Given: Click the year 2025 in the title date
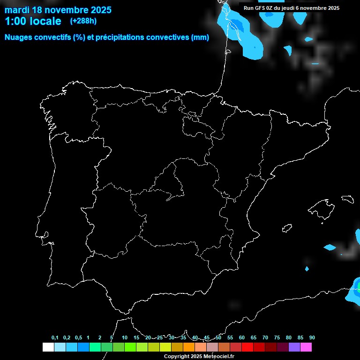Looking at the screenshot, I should [x=100, y=9].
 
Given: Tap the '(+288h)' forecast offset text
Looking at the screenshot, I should [x=83, y=21].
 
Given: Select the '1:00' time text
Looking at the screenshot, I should [x=15, y=21].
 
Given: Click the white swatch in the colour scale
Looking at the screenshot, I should [x=48, y=347].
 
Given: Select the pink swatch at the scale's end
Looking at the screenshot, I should [x=306, y=347].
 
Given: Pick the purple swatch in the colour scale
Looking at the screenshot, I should [x=294, y=347].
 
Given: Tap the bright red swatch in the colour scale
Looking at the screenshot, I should [x=247, y=347].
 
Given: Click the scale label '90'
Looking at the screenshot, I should [x=312, y=338].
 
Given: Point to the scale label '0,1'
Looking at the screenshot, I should [x=55, y=338].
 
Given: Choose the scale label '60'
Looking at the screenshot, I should [x=242, y=338].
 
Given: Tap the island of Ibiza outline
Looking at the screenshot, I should [x=286, y=228].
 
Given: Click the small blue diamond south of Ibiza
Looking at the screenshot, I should [x=307, y=269].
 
